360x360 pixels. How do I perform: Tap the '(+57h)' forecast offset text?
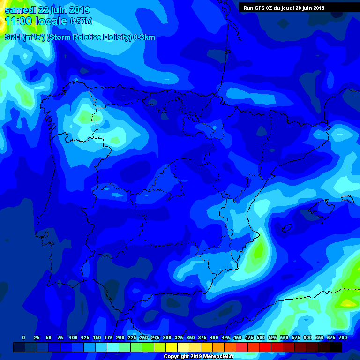tap(81, 21)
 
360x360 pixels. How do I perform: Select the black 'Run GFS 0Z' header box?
tap(299, 7)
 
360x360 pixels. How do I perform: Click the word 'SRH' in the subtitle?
tap(13, 37)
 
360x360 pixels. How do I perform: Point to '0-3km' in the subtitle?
tap(144, 37)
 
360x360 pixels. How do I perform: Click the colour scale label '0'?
tap(23, 337)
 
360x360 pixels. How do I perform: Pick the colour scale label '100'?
tap(73, 337)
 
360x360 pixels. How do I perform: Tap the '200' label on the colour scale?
tap(120, 337)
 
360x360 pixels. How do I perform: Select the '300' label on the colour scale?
tap(167, 337)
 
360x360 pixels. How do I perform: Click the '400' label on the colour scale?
tap(214, 337)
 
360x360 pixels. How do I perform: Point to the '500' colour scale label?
tap(261, 337)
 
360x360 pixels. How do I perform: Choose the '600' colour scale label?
tap(307, 337)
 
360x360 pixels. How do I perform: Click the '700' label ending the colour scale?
tap(343, 337)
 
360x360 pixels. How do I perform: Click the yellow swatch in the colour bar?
tap(172, 347)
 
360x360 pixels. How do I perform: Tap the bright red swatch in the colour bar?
tap(265, 347)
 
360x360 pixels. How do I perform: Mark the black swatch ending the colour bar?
tap(336, 347)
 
